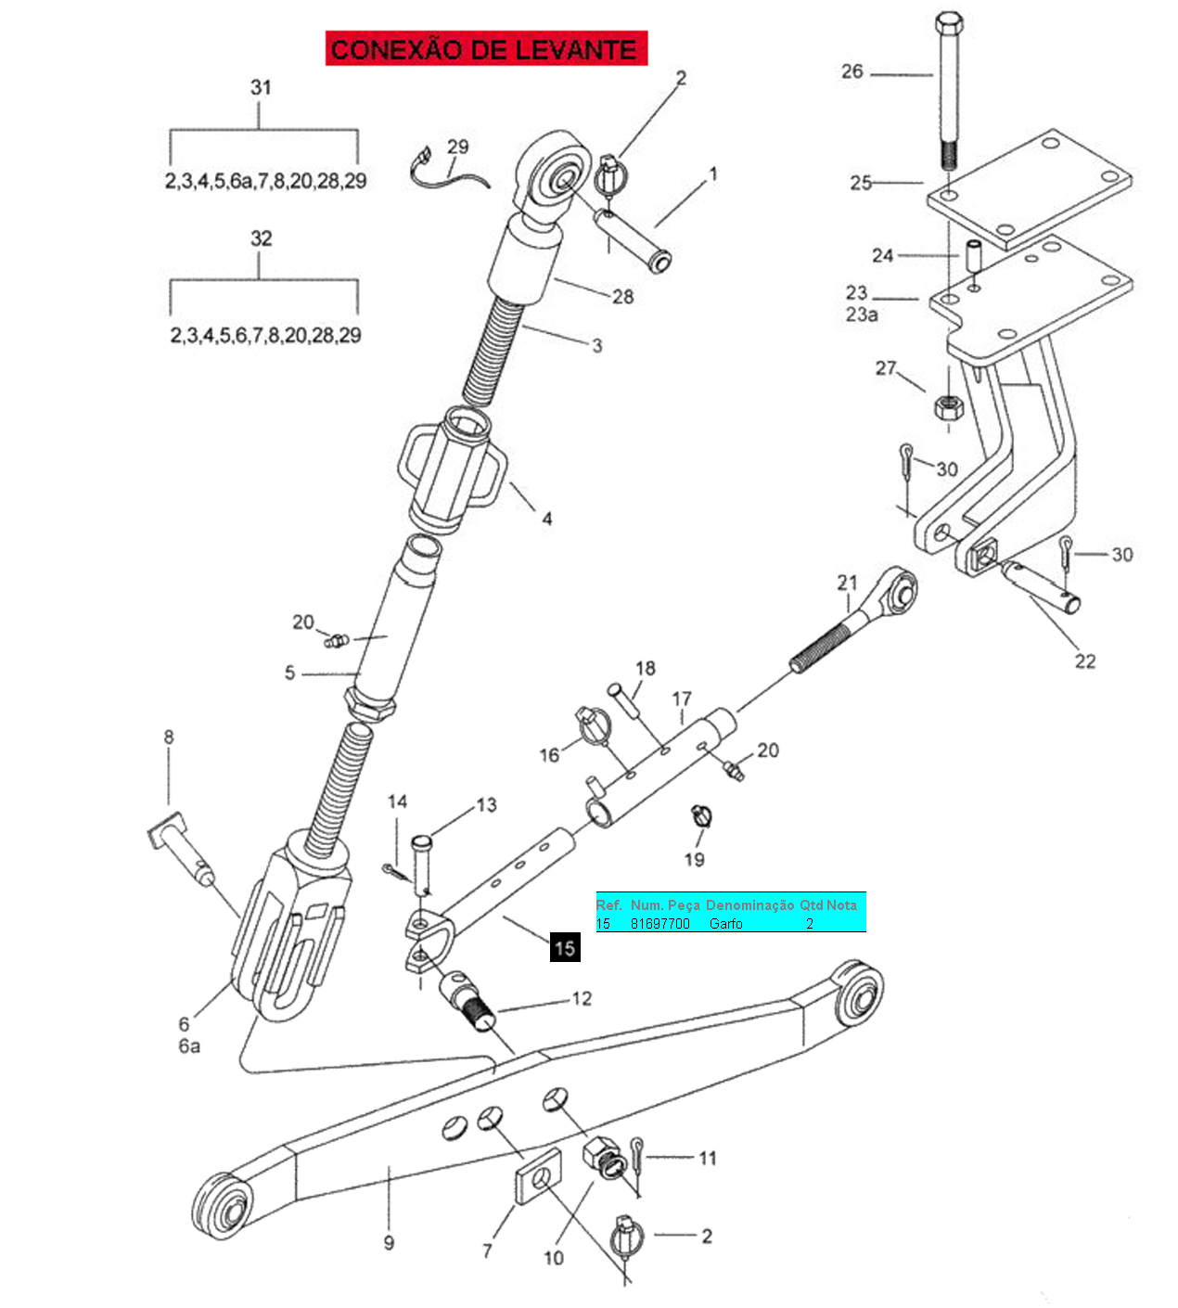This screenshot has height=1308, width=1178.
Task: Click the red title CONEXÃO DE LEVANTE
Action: click(x=485, y=48)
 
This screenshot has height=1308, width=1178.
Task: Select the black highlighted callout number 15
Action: click(x=565, y=947)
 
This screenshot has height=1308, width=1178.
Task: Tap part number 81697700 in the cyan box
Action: click(x=660, y=924)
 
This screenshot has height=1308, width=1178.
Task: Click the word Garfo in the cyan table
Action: click(x=725, y=924)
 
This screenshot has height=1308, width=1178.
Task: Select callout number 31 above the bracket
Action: click(x=261, y=87)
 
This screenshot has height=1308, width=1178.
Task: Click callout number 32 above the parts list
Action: click(x=261, y=238)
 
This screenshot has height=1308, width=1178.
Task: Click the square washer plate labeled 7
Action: click(x=538, y=1175)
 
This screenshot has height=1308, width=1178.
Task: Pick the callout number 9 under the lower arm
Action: click(x=389, y=1242)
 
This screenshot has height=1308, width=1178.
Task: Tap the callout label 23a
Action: click(x=862, y=314)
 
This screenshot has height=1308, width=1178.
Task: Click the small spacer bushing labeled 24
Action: click(x=973, y=256)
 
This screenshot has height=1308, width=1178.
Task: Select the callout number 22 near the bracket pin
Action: click(x=1085, y=661)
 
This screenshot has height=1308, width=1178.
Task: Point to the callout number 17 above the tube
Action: click(x=682, y=699)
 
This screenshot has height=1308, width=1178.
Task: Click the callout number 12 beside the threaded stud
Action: click(x=582, y=999)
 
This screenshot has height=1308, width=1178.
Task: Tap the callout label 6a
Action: click(x=189, y=1046)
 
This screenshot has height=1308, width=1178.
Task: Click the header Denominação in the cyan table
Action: click(x=749, y=904)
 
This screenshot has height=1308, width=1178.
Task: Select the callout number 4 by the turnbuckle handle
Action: click(x=547, y=519)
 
